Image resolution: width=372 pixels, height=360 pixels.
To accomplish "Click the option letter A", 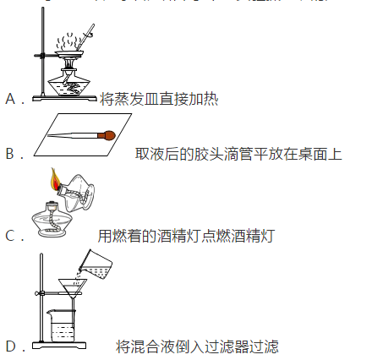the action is [x=10, y=99].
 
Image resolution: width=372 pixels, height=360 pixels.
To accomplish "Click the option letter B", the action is [x=10, y=154].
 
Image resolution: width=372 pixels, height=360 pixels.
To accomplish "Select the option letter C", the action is [x=10, y=236].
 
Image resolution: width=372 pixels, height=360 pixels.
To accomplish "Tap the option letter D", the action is [x=11, y=346].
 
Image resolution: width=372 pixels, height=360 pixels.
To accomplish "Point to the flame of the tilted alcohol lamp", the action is [x=55, y=179].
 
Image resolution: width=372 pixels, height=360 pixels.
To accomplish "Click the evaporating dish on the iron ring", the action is [x=69, y=54].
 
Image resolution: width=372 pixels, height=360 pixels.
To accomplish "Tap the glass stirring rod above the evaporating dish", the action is [x=86, y=37].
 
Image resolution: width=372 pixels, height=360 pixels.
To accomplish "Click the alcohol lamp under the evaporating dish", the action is [x=68, y=81].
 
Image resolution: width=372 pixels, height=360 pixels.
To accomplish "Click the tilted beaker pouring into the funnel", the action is [x=96, y=265].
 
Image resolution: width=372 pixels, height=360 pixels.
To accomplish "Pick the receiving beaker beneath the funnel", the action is [x=62, y=325].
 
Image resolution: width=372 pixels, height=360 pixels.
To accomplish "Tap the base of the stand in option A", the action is [x=64, y=98].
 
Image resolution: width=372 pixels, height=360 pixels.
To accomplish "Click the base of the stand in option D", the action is [x=59, y=345].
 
